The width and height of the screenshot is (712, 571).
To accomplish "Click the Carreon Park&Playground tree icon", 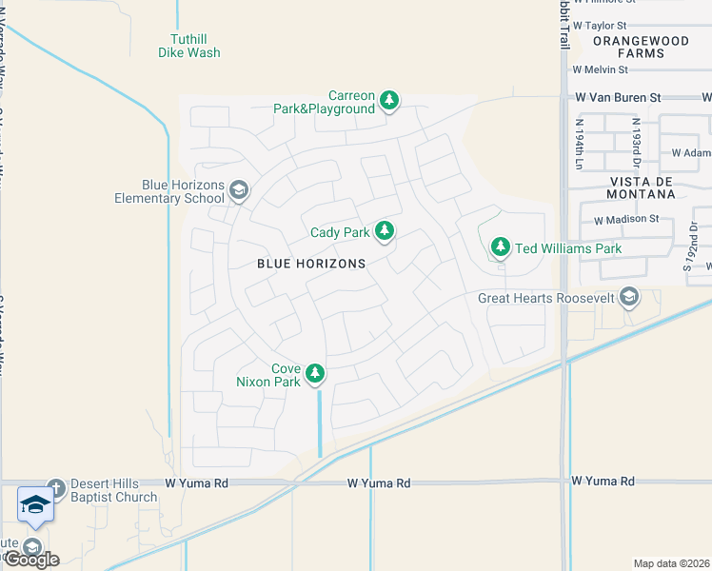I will (388, 100).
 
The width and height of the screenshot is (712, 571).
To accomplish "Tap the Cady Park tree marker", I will (385, 230).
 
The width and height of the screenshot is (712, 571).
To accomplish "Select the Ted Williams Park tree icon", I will (500, 247).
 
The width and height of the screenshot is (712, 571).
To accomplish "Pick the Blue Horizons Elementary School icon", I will (238, 191).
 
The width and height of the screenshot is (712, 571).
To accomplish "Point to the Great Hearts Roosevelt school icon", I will (628, 297).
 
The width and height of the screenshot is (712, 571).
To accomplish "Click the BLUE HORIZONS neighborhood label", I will (311, 264).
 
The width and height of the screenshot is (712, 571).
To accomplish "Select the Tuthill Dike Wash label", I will (188, 46).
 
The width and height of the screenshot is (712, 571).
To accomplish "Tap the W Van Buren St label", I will (617, 97).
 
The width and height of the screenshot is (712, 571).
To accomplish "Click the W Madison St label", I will (626, 219).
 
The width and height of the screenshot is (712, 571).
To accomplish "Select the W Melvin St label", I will (600, 69).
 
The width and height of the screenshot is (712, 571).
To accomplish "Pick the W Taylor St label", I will (600, 26).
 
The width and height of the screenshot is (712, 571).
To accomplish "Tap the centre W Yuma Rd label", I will (378, 483).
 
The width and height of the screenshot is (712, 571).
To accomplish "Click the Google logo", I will (30, 560).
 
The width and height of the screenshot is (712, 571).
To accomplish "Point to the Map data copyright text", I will (672, 563).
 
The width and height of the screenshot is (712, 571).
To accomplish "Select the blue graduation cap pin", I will (35, 505).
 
